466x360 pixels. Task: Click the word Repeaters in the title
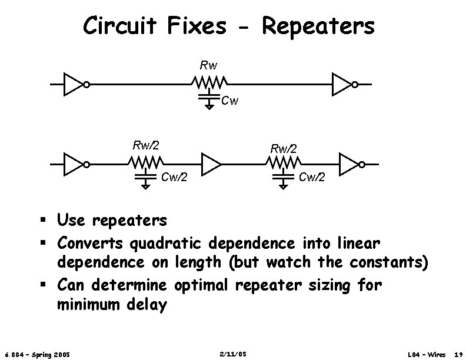(318, 26)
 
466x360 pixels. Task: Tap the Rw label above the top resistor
(208, 64)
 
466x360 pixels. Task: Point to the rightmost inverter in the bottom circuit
(351, 164)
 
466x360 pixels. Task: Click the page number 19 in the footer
(458, 354)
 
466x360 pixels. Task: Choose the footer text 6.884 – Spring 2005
(36, 354)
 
